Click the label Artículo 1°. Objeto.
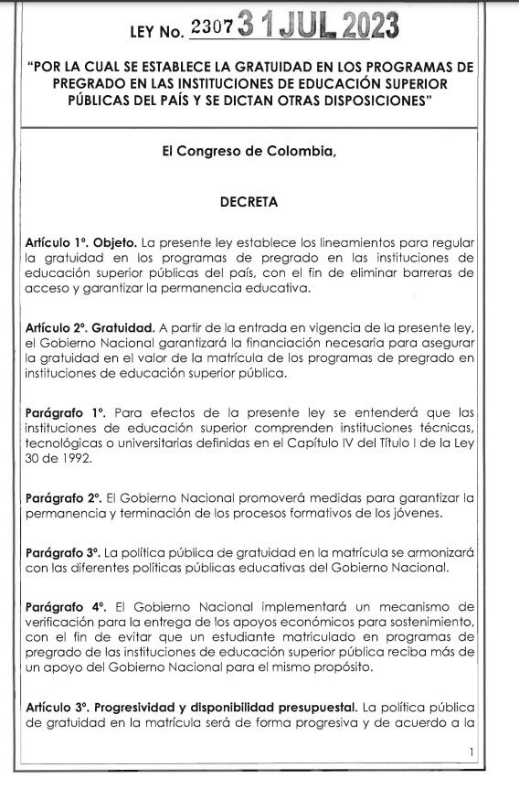[81, 242]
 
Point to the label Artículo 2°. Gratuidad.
[90, 328]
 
